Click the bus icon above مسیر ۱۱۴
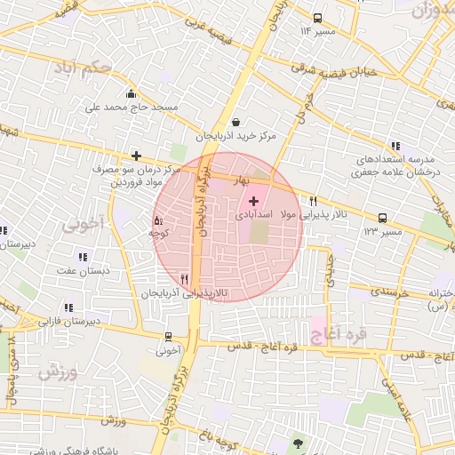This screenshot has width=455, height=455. (318, 18)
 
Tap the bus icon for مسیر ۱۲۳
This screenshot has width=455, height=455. (383, 218)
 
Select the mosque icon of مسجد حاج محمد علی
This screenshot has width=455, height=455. (132, 93)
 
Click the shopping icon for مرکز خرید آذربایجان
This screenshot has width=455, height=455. (235, 122)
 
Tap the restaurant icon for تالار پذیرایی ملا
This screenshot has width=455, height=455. (313, 202)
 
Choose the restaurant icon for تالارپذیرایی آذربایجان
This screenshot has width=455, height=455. (184, 279)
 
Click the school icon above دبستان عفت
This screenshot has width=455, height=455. (82, 257)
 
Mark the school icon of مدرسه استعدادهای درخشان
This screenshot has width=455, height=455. (395, 146)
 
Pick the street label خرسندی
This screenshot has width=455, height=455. (387, 291)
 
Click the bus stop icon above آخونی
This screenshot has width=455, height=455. (168, 337)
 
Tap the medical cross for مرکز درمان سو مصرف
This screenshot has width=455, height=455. (135, 155)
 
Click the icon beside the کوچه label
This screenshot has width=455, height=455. (158, 220)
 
